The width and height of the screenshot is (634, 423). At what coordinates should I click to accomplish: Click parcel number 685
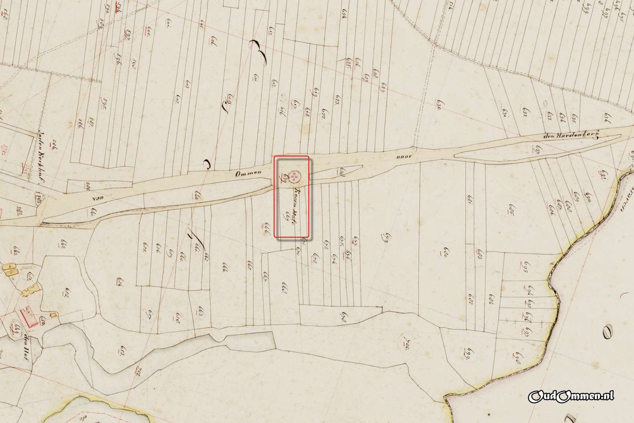pos(510,209)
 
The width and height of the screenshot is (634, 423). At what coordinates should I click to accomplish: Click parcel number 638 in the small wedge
pos(342,172)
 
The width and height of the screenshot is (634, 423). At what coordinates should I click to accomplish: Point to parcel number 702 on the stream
pos(138,372)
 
